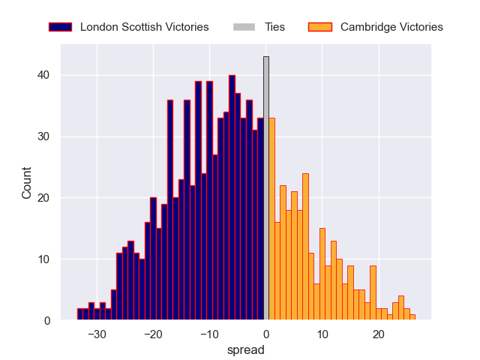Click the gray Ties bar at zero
click(x=265, y=188)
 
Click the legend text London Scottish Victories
click(x=144, y=27)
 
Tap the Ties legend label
click(x=274, y=27)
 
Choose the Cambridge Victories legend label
click(x=391, y=27)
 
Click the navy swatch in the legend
click(x=60, y=27)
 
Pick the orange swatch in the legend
click(x=319, y=27)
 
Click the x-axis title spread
click(x=245, y=349)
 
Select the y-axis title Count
click(x=27, y=183)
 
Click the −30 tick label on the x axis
click(x=97, y=335)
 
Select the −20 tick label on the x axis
click(x=153, y=335)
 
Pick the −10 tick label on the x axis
click(x=209, y=335)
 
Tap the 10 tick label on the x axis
click(x=322, y=335)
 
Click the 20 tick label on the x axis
click(x=379, y=335)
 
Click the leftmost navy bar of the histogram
click(x=79, y=314)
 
